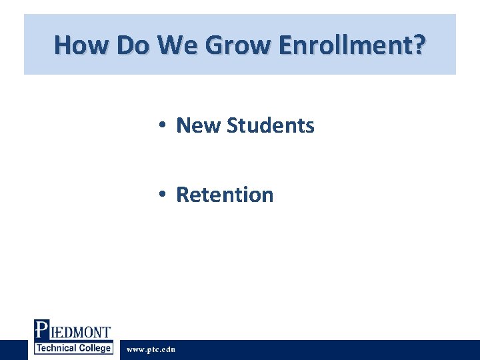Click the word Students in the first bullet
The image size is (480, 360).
tap(270, 125)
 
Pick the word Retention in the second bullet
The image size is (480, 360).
tap(225, 195)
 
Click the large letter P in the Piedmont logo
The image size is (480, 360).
tap(41, 330)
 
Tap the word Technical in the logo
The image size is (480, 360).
tap(59, 348)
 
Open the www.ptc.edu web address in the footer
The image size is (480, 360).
tap(151, 349)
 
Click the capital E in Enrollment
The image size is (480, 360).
tap(288, 45)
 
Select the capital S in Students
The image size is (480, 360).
tap(233, 125)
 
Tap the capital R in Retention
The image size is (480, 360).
tap(182, 195)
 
